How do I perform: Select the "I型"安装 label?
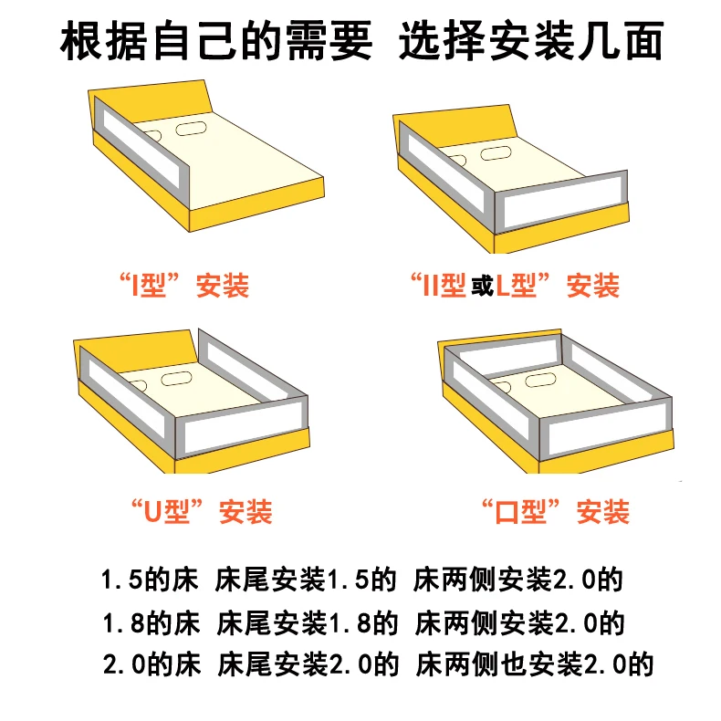[183, 286]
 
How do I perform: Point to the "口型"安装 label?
[555, 511]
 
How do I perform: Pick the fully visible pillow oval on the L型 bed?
[497, 152]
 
